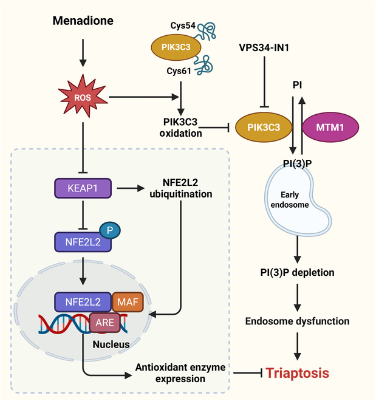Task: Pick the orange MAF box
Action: point(128,301)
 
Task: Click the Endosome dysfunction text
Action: point(298,320)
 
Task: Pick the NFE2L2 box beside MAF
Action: point(81,301)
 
